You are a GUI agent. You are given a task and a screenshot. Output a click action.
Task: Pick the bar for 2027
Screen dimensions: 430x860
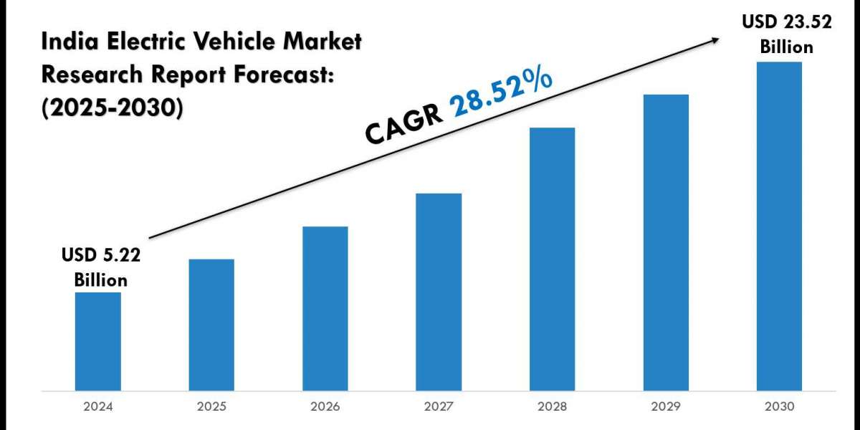click(x=439, y=292)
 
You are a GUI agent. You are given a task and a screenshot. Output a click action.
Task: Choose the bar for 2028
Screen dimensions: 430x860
click(x=552, y=259)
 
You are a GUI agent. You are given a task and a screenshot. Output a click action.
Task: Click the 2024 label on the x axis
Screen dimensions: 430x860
click(x=97, y=406)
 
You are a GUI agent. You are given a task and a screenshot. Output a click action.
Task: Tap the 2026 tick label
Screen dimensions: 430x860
click(x=325, y=406)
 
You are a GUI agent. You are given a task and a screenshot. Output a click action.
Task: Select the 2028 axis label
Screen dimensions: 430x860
click(x=552, y=406)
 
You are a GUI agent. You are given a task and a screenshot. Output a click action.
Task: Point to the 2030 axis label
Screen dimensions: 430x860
click(x=779, y=406)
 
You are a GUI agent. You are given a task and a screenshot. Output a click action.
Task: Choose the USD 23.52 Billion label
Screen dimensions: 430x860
click(x=786, y=34)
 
